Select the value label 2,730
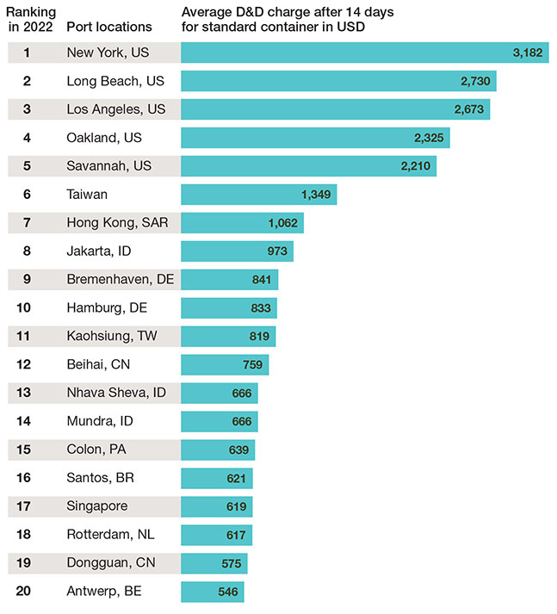(x=472, y=81)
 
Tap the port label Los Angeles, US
(x=116, y=109)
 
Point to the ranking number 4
(x=28, y=138)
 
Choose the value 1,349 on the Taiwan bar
(x=316, y=195)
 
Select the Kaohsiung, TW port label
(x=112, y=337)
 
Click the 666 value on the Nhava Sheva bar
(x=242, y=394)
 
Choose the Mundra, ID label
(x=100, y=422)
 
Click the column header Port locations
(x=108, y=27)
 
